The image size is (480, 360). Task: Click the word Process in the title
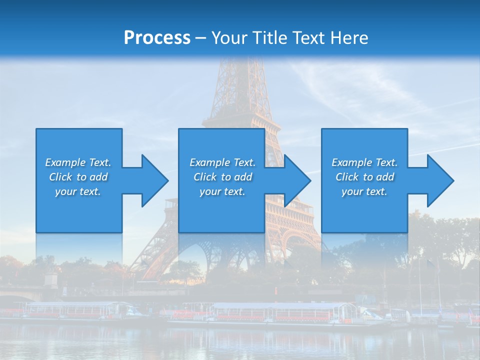[157, 38]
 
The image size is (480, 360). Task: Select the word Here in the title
[349, 38]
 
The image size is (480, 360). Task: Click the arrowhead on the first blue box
[154, 180]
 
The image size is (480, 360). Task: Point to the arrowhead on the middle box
[297, 180]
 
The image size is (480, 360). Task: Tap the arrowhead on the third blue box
[440, 180]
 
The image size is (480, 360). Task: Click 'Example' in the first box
[65, 162]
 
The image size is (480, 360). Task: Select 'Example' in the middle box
[209, 162]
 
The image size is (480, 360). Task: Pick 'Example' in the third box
[351, 162]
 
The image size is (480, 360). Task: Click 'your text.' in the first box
[78, 191]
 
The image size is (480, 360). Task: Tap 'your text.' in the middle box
[222, 191]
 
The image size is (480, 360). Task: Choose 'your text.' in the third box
[364, 191]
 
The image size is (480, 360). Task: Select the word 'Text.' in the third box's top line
[386, 162]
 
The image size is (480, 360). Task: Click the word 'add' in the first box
[98, 177]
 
